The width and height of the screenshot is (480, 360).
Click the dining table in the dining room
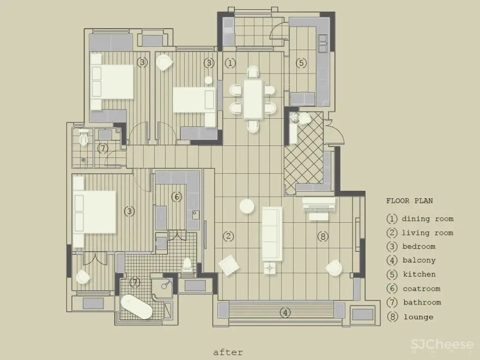pyautogui.click(x=253, y=99)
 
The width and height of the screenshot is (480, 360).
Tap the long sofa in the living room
pyautogui.click(x=272, y=234)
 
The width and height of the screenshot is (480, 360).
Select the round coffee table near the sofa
pyautogui.click(x=247, y=206)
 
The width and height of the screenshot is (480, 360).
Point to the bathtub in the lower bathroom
pyautogui.click(x=137, y=307)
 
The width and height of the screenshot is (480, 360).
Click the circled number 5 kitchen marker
pyautogui.click(x=301, y=63)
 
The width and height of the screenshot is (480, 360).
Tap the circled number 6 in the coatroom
pyautogui.click(x=177, y=197)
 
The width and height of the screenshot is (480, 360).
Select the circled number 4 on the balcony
pyautogui.click(x=285, y=313)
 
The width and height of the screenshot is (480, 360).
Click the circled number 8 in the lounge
pyautogui.click(x=323, y=236)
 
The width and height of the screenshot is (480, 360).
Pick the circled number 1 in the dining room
pyautogui.click(x=230, y=63)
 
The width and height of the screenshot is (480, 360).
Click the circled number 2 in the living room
pyautogui.click(x=228, y=236)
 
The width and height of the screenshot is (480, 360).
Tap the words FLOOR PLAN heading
pyautogui.click(x=409, y=201)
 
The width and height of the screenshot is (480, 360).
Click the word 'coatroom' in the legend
pyautogui.click(x=422, y=289)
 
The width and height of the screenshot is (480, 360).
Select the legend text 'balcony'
pyautogui.click(x=419, y=260)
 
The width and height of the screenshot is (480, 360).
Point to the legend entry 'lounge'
pyautogui.click(x=418, y=317)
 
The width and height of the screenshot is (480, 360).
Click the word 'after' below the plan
pyautogui.click(x=228, y=352)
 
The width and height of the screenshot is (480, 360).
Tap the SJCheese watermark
pyautogui.click(x=442, y=345)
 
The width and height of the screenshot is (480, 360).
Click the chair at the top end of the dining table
pyautogui.click(x=253, y=72)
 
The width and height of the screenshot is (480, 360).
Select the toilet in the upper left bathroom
pyautogui.click(x=83, y=137)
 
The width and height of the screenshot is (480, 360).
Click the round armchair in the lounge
pyautogui.click(x=333, y=267)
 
